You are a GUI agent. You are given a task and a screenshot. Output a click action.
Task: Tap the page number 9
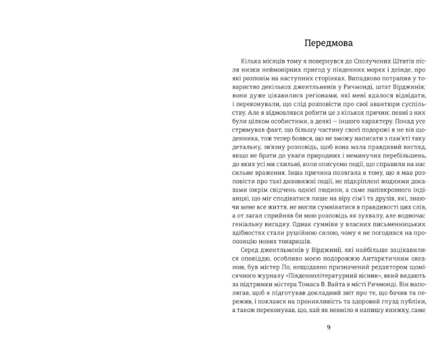329,327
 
